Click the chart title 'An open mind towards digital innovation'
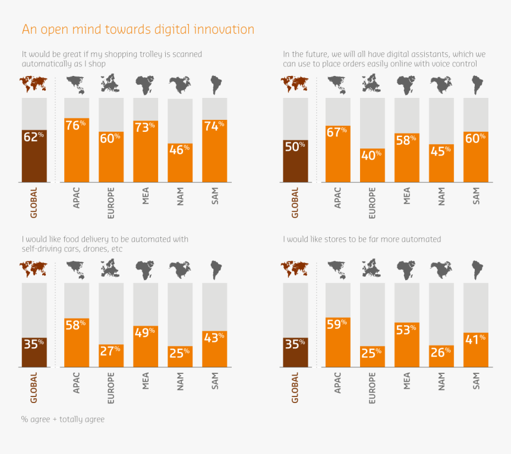click(138, 29)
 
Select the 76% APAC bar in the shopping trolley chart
click(77, 150)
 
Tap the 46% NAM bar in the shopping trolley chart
click(180, 163)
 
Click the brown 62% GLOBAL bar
click(34, 155)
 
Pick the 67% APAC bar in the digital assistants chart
click(337, 154)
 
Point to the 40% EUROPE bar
click(372, 166)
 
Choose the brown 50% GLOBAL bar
click(295, 161)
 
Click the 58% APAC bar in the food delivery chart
click(77, 342)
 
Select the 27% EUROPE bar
click(111, 355)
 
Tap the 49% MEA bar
click(146, 346)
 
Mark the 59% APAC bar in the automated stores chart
click(337, 342)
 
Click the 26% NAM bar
click(441, 356)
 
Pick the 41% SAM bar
click(476, 350)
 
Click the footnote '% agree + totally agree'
click(63, 419)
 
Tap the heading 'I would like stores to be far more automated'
click(362, 239)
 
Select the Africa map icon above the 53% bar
click(406, 269)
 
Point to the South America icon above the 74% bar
click(215, 85)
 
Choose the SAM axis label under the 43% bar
click(215, 380)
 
